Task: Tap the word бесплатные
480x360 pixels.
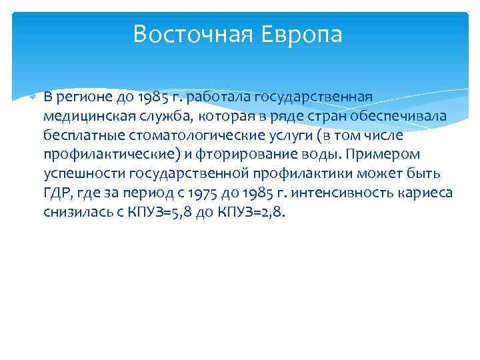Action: pos(77,136)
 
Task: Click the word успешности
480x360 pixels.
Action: pos(77,175)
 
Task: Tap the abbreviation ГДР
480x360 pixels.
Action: pos(57,194)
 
